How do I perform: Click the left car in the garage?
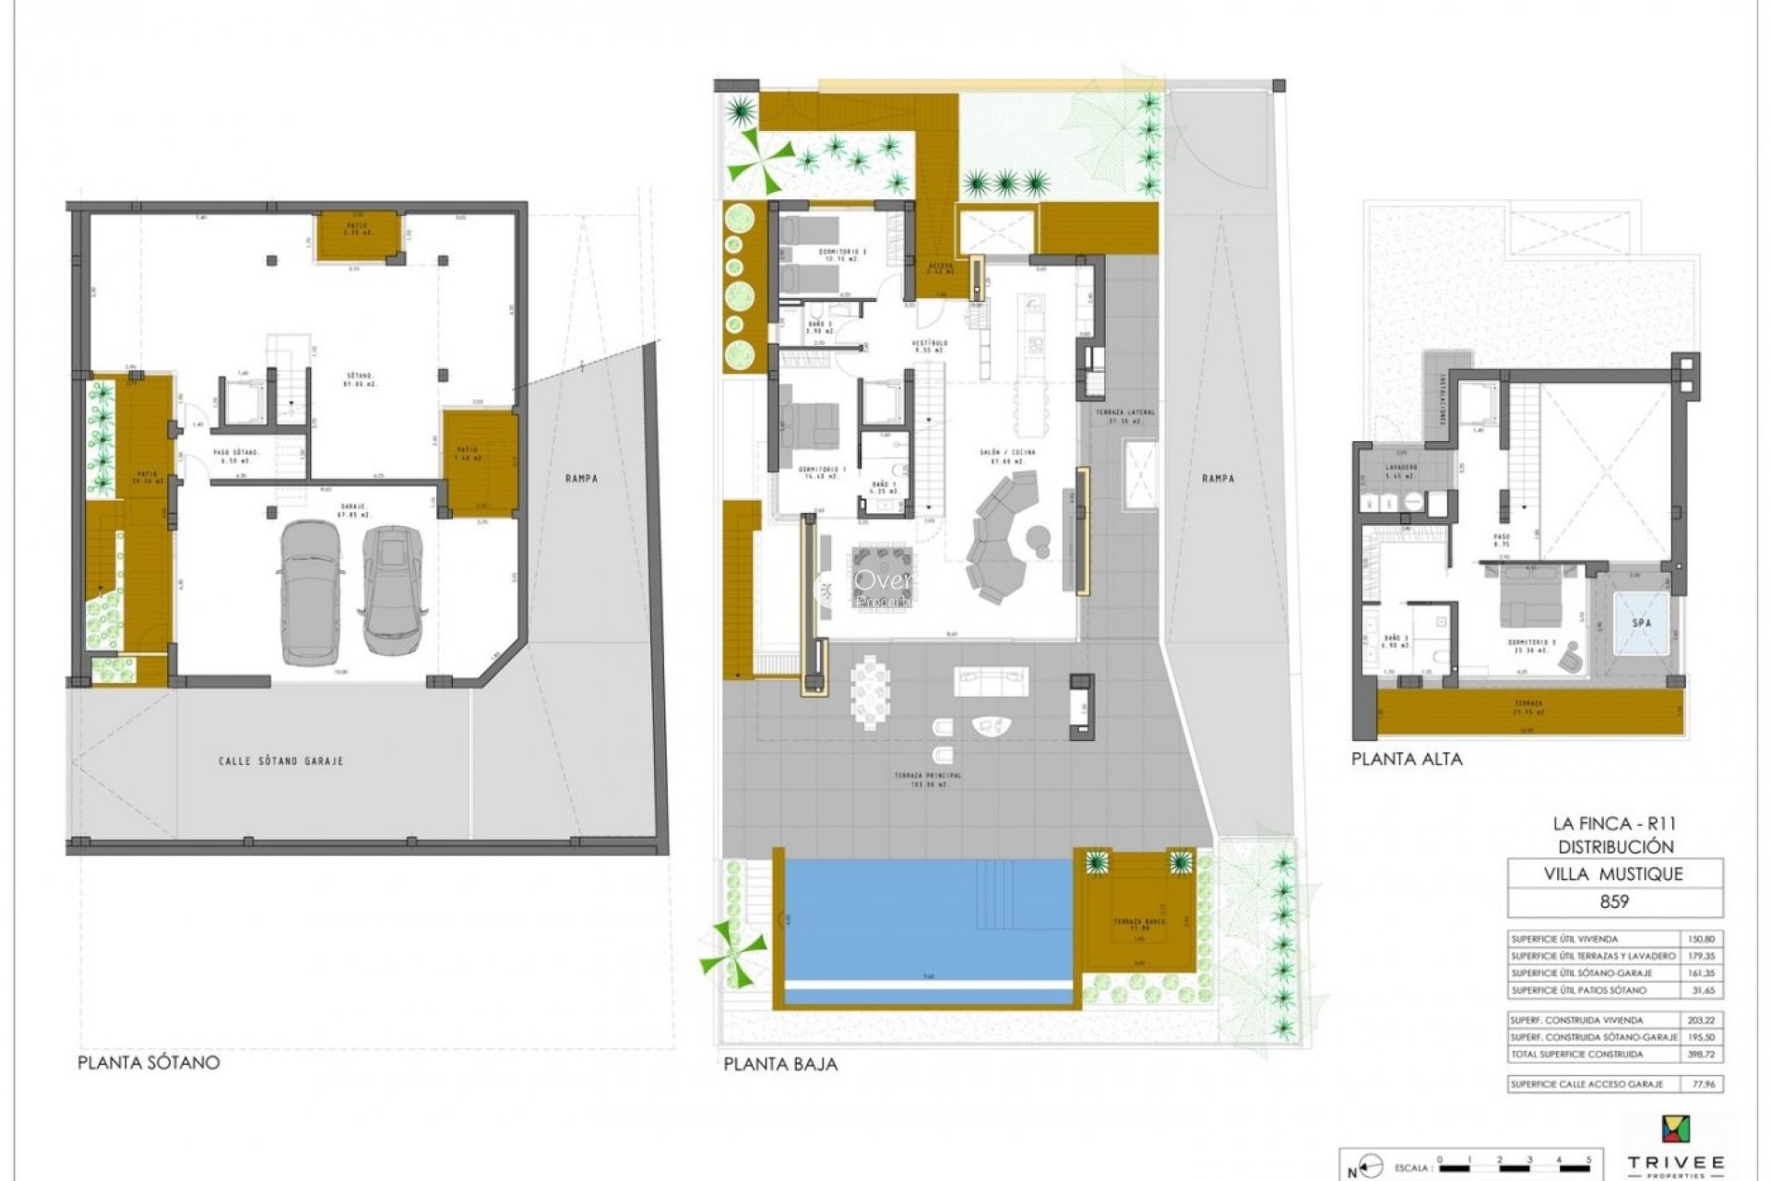[x=312, y=592]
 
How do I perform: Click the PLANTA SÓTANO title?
[x=149, y=1062]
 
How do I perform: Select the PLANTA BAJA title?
[x=780, y=1064]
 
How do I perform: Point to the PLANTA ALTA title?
[x=1407, y=759]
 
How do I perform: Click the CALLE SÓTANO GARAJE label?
[x=280, y=761]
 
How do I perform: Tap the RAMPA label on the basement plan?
[x=583, y=478]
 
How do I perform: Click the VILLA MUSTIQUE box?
[x=1614, y=874]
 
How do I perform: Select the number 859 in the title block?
[x=1614, y=902]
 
